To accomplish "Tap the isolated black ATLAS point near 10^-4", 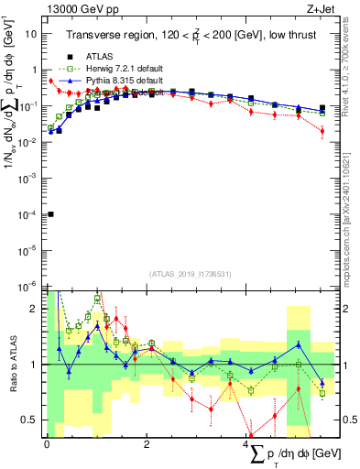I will coord(50,214).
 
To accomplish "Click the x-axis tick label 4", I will coord(247,443).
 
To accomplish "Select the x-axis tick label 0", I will coord(47,443).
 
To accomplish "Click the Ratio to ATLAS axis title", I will coord(12,364).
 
